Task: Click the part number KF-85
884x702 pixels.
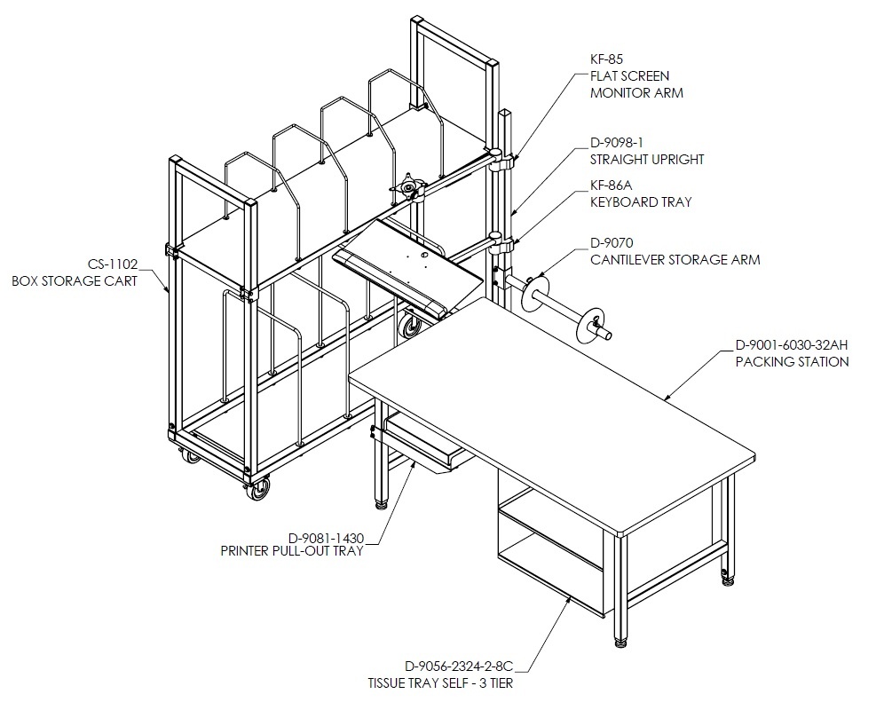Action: pos(606,59)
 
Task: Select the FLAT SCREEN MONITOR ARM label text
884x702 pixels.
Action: pos(636,84)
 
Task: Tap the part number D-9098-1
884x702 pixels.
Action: pos(617,143)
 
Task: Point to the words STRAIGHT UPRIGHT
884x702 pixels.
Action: pos(647,160)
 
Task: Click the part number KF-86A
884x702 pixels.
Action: pos(612,185)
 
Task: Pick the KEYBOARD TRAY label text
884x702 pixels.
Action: pos(641,201)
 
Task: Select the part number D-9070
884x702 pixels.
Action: pos(612,243)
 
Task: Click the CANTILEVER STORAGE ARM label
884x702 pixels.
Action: pos(675,260)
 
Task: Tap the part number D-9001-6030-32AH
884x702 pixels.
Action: pos(792,344)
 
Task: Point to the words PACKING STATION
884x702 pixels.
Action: pos(792,361)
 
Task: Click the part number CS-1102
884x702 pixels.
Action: pos(113,264)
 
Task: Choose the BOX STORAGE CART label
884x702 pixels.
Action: pos(75,280)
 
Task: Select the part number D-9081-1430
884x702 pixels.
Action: pos(327,538)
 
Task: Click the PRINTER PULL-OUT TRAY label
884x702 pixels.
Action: pos(292,551)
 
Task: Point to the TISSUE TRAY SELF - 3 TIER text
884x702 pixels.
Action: pos(440,683)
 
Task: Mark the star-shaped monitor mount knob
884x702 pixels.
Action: pos(406,185)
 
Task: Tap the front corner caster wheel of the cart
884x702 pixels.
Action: pos(257,488)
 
